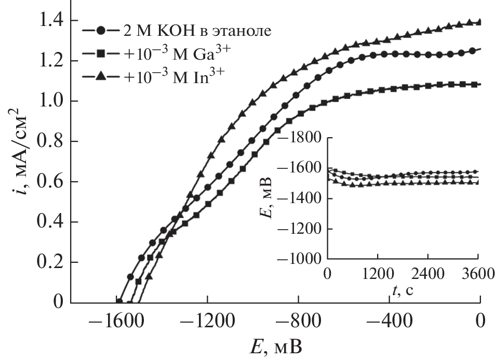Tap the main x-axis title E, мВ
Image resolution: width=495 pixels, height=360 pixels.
(x=276, y=346)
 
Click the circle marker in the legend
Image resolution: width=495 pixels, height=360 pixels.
(x=101, y=31)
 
